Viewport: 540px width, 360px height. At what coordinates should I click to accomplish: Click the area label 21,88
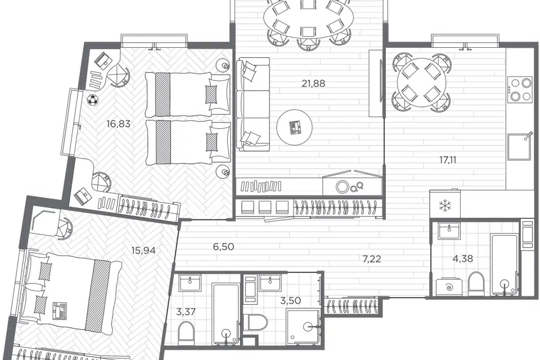(313, 83)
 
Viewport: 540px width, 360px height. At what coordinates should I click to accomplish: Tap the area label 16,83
(118, 124)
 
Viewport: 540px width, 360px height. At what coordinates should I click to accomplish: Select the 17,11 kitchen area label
(448, 160)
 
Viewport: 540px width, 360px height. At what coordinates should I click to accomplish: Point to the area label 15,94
(143, 250)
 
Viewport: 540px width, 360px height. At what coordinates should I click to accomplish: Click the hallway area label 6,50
(223, 247)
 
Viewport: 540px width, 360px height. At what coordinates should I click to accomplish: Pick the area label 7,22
(372, 259)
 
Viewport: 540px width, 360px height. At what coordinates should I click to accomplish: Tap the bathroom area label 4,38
(462, 258)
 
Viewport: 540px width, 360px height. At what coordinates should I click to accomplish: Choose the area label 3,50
(290, 301)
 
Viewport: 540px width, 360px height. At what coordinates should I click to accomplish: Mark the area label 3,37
(186, 312)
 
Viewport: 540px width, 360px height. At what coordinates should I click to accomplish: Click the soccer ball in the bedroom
(92, 100)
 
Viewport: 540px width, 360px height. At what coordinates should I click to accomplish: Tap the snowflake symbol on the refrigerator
(444, 206)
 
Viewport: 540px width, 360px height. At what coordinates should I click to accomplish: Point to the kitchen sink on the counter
(520, 147)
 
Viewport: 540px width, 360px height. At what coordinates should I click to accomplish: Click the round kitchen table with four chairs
(421, 83)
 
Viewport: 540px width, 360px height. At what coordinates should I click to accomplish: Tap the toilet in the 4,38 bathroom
(476, 283)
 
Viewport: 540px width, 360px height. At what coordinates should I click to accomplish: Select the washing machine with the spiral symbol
(449, 287)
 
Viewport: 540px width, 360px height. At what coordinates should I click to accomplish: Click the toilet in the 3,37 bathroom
(186, 332)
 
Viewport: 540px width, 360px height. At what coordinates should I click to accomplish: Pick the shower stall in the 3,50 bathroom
(303, 326)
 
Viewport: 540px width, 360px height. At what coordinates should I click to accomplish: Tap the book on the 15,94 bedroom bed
(60, 311)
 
